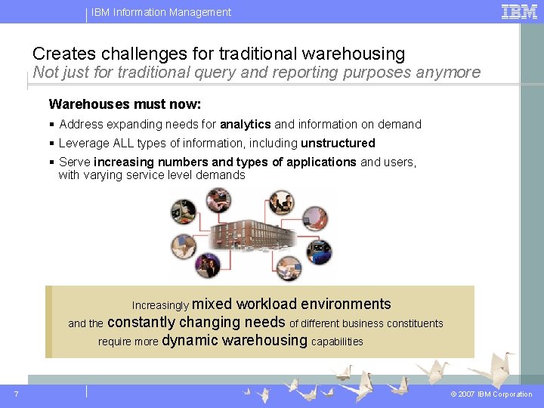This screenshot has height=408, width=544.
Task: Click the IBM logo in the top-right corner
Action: click(520, 11)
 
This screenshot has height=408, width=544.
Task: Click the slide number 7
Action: click(16, 394)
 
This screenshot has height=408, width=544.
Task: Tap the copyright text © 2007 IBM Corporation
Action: click(491, 394)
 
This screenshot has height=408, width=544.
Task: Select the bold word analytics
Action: click(245, 125)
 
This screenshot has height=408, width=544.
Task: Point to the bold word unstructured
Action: click(338, 144)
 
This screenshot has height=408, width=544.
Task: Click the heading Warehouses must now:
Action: click(125, 104)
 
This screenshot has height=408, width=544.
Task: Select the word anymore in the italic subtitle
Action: click(451, 73)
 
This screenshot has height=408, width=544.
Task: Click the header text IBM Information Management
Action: click(162, 12)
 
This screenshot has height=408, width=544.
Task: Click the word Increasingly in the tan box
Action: click(160, 306)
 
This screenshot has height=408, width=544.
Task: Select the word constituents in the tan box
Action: click(415, 323)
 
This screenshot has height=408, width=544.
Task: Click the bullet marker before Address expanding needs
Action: click(52, 125)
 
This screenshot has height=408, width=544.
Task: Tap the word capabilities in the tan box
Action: click(337, 342)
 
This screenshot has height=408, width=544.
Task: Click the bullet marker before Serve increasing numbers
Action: click(52, 162)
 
